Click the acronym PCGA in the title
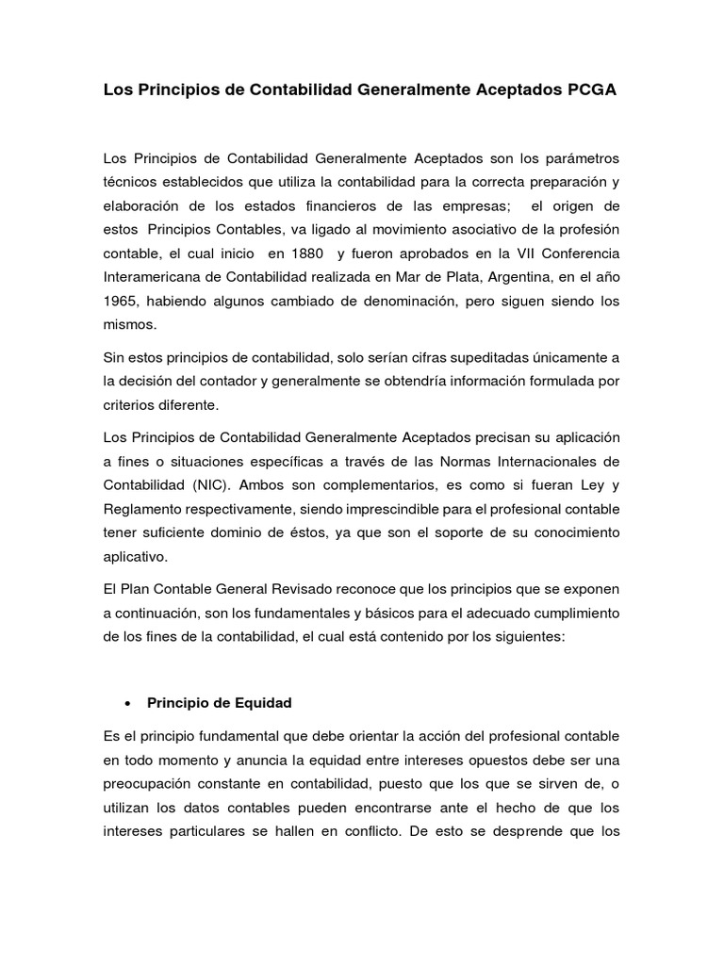point(592,90)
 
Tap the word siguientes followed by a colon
point(520,638)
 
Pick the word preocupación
point(152,784)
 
